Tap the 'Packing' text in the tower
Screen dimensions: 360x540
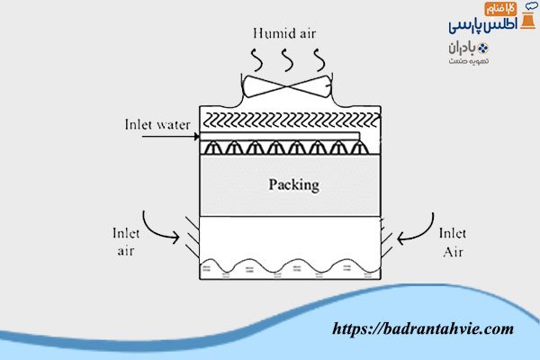294,186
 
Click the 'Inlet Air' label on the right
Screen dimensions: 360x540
452,240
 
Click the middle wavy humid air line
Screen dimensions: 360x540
286,58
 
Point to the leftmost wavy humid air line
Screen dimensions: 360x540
255,58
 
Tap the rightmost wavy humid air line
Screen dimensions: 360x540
318,58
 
